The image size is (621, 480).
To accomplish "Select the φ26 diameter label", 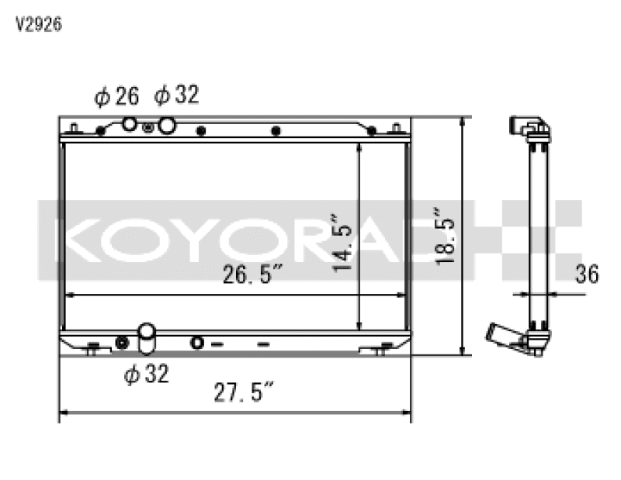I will (x=116, y=96).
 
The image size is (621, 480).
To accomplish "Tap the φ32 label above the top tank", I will (x=176, y=95).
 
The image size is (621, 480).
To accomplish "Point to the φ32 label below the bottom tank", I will (x=146, y=375).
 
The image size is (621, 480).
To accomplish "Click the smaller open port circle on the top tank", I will (x=130, y=124).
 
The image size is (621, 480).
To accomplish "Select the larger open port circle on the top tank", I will (x=165, y=126).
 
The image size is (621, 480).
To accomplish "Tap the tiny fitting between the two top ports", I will (x=148, y=127).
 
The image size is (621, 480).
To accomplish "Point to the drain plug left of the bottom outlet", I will (x=121, y=343).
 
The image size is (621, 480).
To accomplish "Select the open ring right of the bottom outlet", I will (x=196, y=343).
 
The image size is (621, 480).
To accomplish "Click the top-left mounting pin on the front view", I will (x=72, y=126).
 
